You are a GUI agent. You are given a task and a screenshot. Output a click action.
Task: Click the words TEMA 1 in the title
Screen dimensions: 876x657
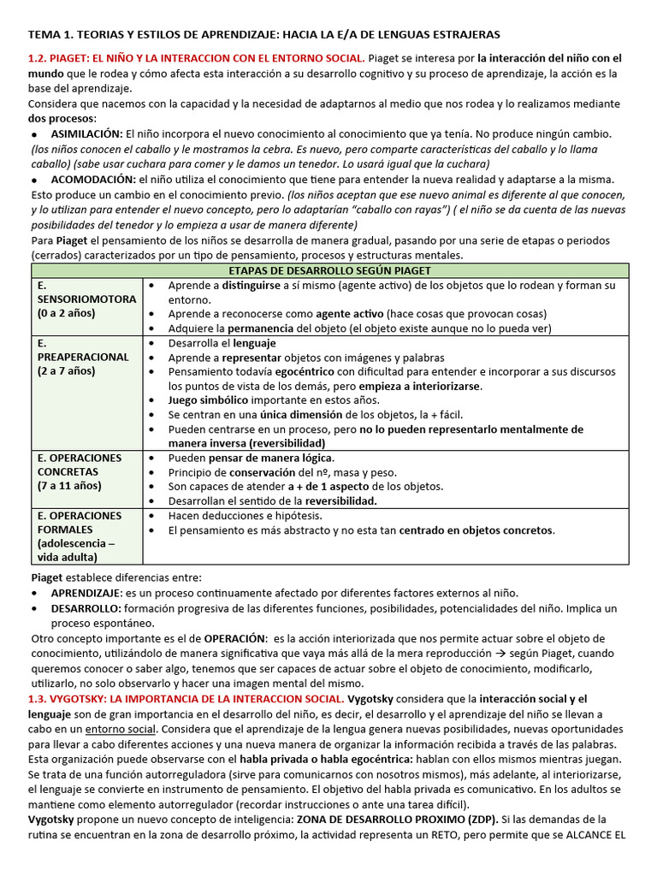[x=53, y=34]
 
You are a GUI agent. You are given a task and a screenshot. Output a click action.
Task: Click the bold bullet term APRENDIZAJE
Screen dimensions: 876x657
[x=86, y=593]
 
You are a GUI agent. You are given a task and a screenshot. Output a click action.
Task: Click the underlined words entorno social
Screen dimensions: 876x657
[x=121, y=729]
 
